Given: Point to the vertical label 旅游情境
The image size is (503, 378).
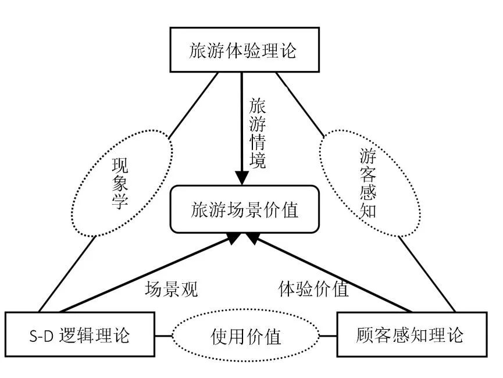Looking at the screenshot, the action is pyautogui.click(x=258, y=134).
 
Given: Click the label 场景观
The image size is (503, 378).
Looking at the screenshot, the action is pyautogui.click(x=172, y=289).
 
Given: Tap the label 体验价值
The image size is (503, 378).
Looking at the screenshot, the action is pyautogui.click(x=313, y=289).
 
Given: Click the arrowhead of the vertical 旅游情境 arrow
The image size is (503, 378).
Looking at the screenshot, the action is pyautogui.click(x=242, y=178).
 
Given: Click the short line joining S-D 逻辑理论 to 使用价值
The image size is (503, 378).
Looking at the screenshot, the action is pyautogui.click(x=163, y=336).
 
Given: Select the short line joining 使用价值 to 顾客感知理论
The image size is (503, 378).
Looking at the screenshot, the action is pyautogui.click(x=328, y=336).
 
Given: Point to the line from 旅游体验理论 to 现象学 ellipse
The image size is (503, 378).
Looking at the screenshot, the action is pyautogui.click(x=193, y=105).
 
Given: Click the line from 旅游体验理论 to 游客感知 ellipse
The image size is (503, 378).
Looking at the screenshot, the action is pyautogui.click(x=300, y=105).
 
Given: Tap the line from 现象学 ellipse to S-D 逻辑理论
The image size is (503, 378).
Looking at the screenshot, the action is pyautogui.click(x=67, y=274).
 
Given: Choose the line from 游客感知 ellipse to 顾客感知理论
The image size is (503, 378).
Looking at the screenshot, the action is pyautogui.click(x=427, y=274).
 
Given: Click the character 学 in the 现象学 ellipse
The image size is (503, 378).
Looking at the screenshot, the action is pyautogui.click(x=120, y=201).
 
